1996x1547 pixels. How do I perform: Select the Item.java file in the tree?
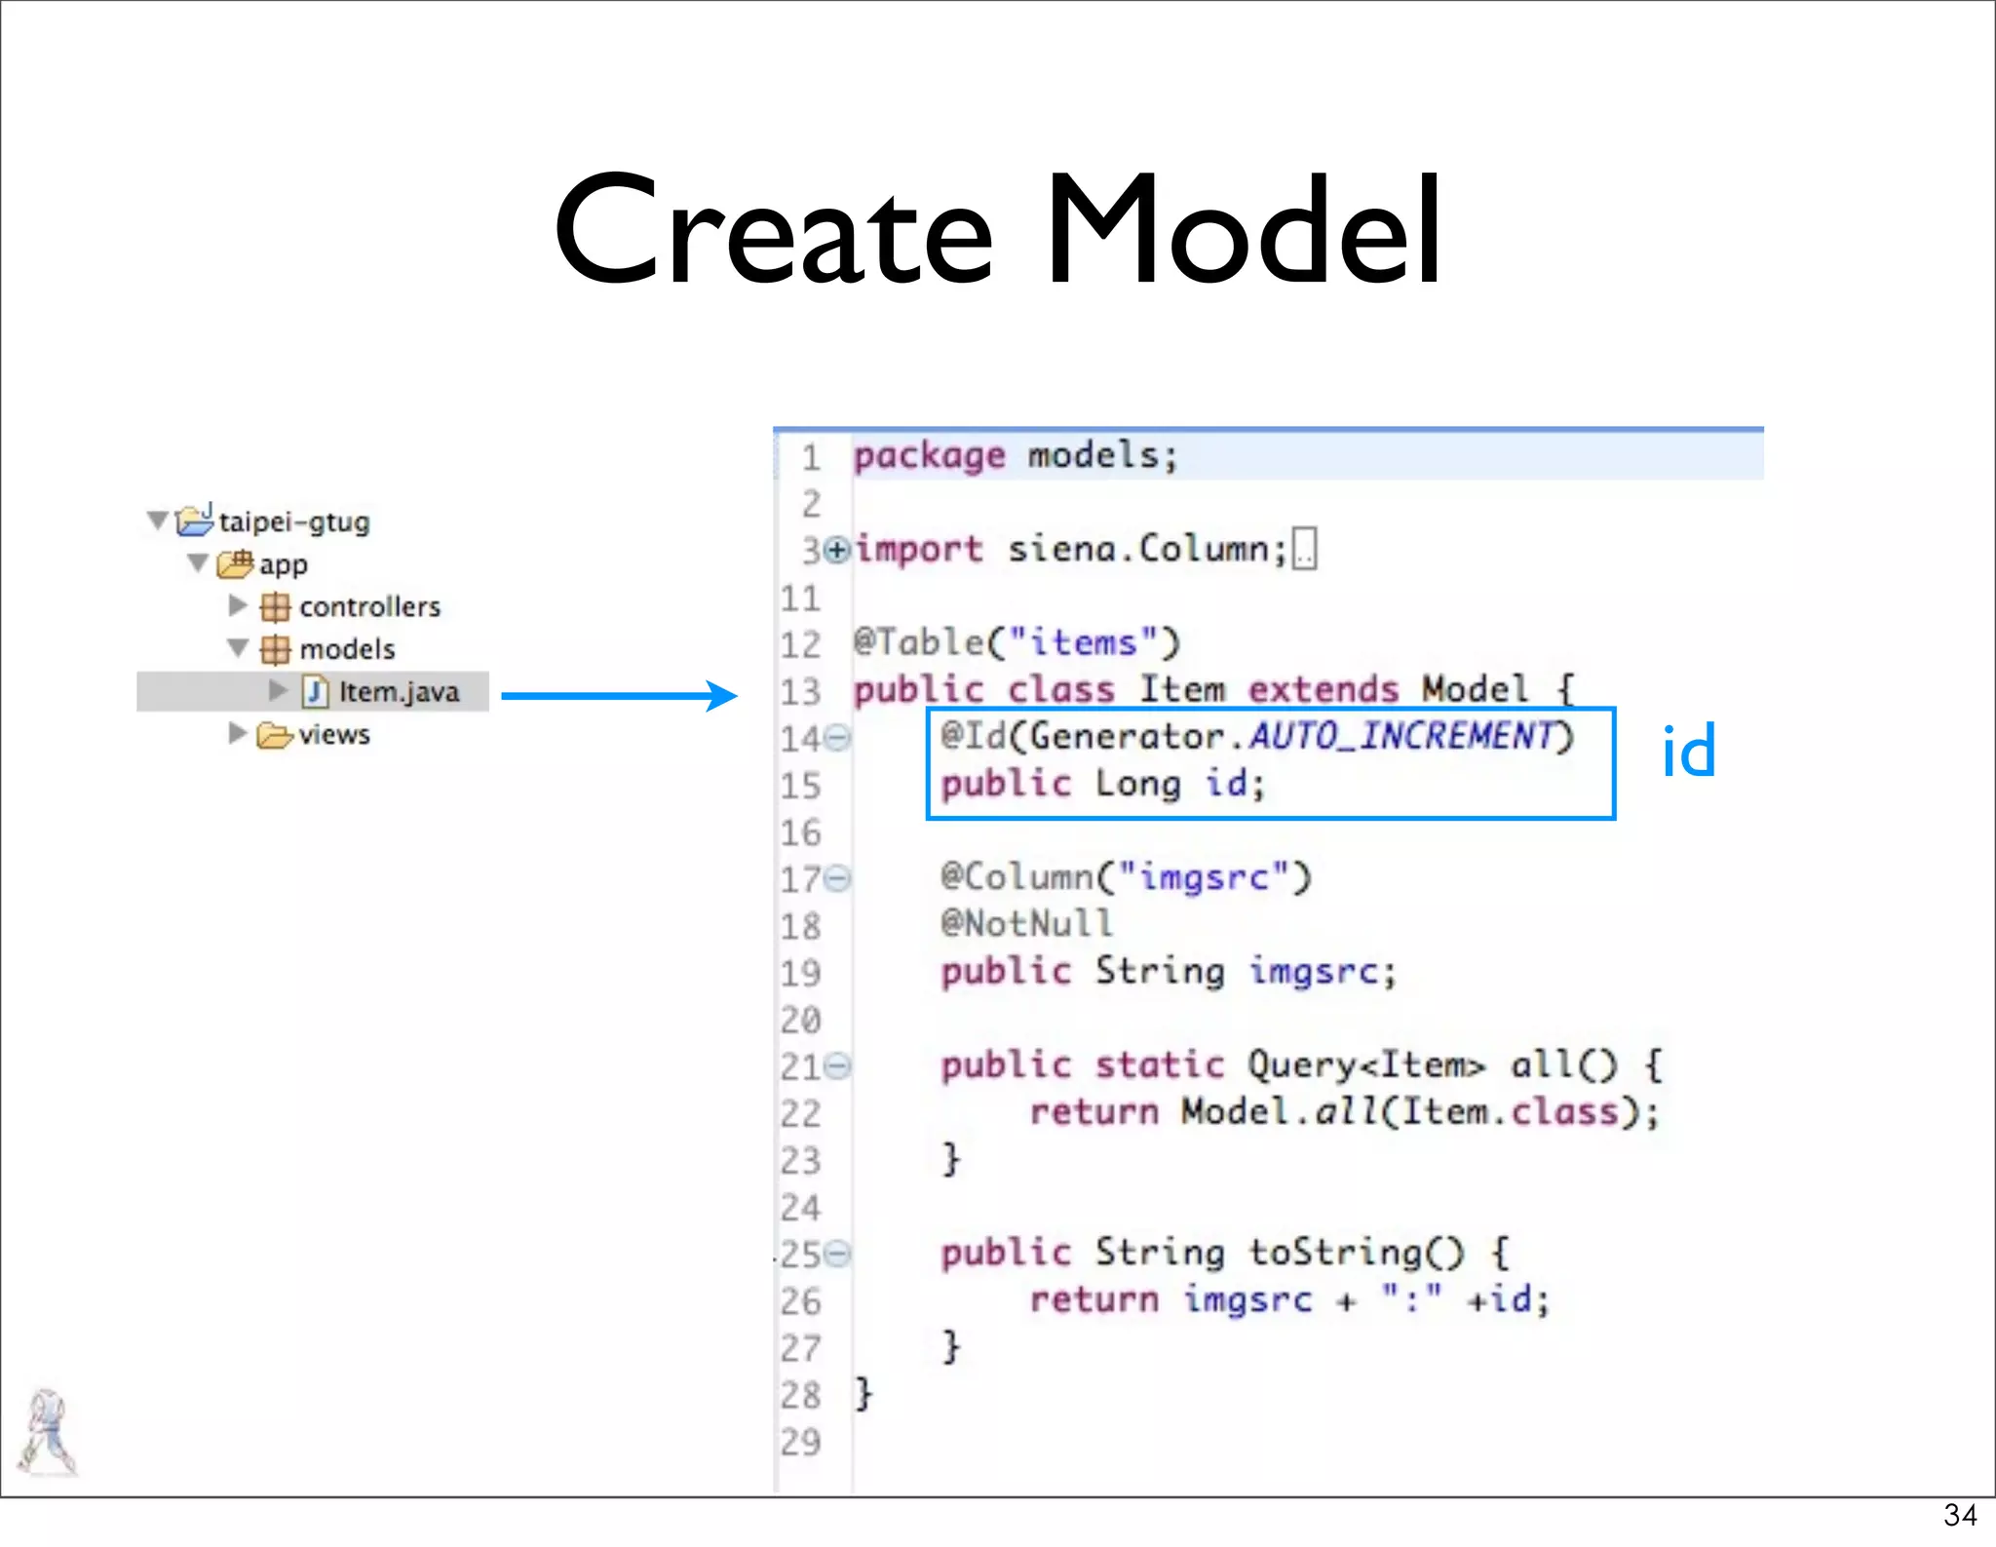click(x=398, y=692)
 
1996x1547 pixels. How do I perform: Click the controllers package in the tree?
click(x=369, y=606)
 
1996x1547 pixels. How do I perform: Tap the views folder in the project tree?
click(x=333, y=734)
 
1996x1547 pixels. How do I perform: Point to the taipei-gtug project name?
click(x=294, y=522)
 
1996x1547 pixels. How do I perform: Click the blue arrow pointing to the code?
click(x=620, y=695)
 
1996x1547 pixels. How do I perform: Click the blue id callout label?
click(x=1688, y=753)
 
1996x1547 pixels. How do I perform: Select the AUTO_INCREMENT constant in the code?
click(x=1401, y=736)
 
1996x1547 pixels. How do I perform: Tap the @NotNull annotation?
click(x=1026, y=923)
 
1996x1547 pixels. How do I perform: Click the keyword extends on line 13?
click(x=1323, y=690)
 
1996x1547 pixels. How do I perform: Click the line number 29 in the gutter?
click(x=800, y=1442)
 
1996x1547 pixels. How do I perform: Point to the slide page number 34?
click(x=1960, y=1515)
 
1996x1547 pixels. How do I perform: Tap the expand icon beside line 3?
click(x=836, y=551)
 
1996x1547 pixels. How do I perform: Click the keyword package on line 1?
click(x=929, y=456)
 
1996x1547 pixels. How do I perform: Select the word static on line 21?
click(x=1159, y=1064)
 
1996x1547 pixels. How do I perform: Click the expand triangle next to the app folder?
click(x=198, y=563)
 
